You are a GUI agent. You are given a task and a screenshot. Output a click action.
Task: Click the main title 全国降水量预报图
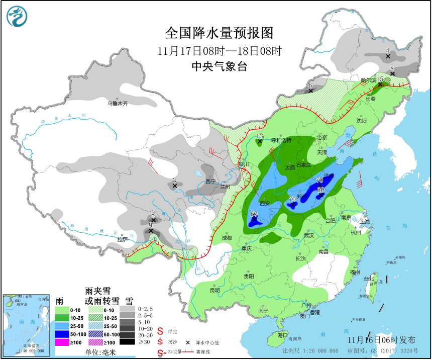219,33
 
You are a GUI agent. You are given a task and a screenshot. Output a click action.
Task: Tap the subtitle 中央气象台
219,66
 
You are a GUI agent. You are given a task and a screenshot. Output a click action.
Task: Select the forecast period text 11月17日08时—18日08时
219,50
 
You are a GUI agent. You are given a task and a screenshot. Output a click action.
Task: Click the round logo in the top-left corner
17,16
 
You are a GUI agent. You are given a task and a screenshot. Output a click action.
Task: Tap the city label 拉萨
123,240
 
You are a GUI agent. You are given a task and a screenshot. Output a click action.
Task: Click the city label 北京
321,137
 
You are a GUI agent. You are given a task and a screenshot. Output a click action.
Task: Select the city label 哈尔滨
368,79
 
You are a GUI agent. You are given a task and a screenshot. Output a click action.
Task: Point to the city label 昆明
215,290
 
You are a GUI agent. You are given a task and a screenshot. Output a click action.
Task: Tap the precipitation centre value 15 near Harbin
380,79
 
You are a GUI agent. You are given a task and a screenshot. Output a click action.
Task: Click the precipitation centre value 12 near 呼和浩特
260,136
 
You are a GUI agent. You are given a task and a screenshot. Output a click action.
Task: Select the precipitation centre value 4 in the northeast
388,50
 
